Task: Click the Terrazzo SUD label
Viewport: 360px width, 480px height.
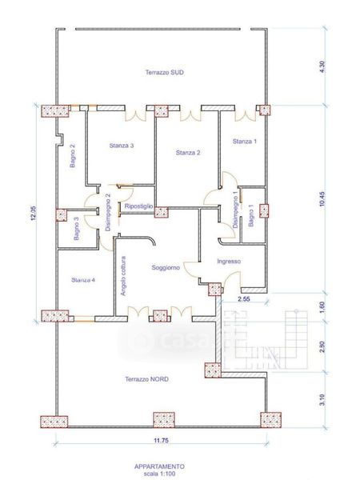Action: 164,73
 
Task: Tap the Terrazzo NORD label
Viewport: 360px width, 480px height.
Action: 146,379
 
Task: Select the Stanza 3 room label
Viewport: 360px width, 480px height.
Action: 122,146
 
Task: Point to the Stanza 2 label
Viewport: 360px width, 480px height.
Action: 188,153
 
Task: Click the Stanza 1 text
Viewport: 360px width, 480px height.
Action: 245,141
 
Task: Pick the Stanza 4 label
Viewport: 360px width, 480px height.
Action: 83,280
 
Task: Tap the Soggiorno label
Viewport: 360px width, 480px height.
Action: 166,267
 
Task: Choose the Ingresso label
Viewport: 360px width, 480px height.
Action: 229,261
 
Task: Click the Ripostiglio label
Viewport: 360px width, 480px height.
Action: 138,206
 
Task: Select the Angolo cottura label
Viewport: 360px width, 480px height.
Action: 122,276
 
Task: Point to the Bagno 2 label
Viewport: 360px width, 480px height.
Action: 73,156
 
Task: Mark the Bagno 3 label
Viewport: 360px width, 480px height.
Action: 76,228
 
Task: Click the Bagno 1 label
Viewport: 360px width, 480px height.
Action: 251,215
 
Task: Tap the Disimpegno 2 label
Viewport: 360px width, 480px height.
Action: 108,212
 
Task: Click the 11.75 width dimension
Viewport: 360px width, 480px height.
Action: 161,441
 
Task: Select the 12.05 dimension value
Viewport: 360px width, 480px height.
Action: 34,213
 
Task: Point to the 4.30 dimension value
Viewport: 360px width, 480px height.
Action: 322,66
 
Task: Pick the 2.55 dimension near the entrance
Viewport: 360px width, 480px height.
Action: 244,299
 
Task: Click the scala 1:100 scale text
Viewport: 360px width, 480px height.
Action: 159,474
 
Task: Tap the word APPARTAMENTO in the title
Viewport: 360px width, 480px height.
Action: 159,466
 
